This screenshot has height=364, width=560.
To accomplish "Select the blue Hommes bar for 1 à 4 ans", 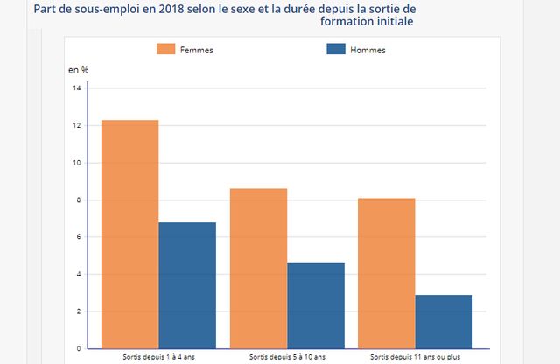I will [187, 285].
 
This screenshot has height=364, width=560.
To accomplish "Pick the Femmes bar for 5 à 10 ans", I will [258, 268].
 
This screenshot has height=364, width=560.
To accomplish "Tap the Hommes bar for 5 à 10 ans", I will [316, 305].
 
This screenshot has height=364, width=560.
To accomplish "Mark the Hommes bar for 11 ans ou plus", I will [444, 321].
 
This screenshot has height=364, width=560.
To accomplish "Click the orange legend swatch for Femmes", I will [165, 49].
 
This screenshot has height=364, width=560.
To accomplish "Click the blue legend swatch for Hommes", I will [334, 49].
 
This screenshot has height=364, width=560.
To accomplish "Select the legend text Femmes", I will [196, 50].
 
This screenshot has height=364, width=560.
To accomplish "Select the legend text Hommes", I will [367, 50].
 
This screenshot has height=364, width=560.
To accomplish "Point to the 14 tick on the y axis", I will [77, 88].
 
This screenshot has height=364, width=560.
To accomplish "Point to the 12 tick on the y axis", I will [77, 126].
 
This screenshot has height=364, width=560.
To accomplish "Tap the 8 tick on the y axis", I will [78, 200].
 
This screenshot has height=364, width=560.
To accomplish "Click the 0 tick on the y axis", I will [78, 348].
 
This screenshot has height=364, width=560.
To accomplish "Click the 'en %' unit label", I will [79, 69].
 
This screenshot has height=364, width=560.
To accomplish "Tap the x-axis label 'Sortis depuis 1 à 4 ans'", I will [158, 358].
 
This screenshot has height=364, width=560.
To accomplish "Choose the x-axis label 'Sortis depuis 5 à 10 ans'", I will [287, 358].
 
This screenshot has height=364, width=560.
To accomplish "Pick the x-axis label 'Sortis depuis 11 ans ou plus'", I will [415, 358].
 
